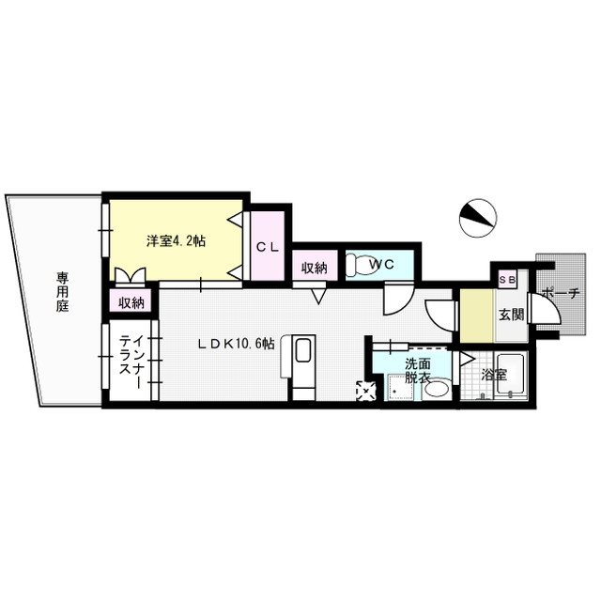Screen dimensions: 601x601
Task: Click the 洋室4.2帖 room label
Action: click(176, 241)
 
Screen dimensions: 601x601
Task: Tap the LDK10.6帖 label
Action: click(236, 344)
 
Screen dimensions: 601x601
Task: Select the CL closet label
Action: click(268, 247)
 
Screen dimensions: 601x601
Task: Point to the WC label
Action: click(381, 264)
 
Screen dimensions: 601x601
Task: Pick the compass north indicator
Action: click(478, 218)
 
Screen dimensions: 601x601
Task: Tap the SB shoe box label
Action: click(507, 280)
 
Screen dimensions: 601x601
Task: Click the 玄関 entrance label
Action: click(511, 315)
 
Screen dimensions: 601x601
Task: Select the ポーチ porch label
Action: click(561, 294)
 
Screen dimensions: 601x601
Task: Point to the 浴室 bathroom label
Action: click(495, 375)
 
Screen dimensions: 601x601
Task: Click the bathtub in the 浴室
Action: click(511, 375)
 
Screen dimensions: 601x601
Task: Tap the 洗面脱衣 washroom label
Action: click(418, 370)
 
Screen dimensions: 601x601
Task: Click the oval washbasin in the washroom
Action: click(437, 390)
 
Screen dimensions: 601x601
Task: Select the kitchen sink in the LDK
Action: click(302, 349)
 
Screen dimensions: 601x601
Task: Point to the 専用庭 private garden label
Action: click(63, 292)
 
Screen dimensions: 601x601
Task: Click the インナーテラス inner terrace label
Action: click(131, 357)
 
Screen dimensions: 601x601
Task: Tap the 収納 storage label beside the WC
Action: click(315, 268)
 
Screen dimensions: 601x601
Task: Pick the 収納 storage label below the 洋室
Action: click(131, 302)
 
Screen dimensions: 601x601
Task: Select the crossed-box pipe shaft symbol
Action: click(366, 391)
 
